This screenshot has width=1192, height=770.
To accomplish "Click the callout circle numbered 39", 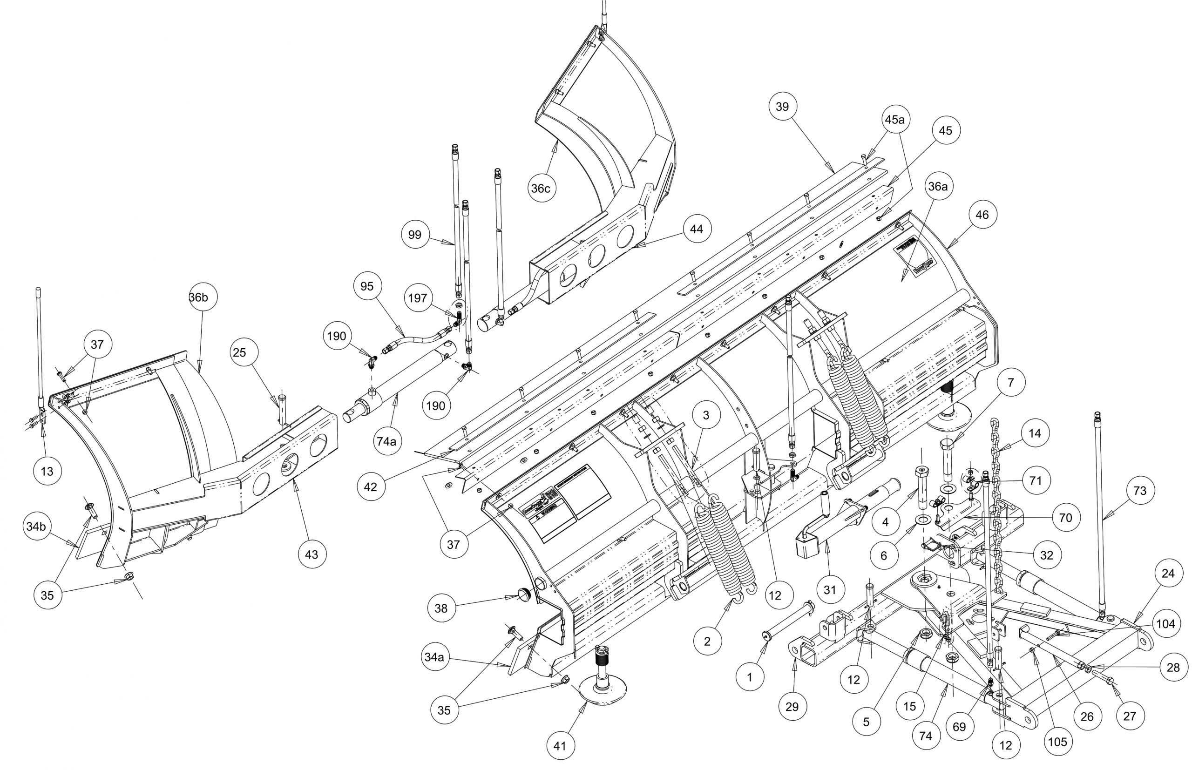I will (x=783, y=107).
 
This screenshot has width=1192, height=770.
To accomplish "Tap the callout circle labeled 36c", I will (x=541, y=189).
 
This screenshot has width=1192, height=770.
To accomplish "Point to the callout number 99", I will (x=414, y=235).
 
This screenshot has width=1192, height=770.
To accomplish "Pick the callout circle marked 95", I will (x=367, y=286).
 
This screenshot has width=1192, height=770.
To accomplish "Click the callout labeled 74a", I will (x=386, y=441).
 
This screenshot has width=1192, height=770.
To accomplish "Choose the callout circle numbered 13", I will (x=47, y=471).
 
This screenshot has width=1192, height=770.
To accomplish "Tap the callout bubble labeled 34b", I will (x=36, y=526).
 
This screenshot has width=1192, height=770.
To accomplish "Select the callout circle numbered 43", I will (x=312, y=554).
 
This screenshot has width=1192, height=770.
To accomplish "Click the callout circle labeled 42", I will (x=371, y=486).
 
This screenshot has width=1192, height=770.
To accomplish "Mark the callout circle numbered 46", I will (x=982, y=215).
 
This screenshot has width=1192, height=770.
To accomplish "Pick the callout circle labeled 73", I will (x=1139, y=491).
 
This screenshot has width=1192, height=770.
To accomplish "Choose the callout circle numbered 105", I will (x=1057, y=742).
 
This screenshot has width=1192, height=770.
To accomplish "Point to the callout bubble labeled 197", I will (x=418, y=298).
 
